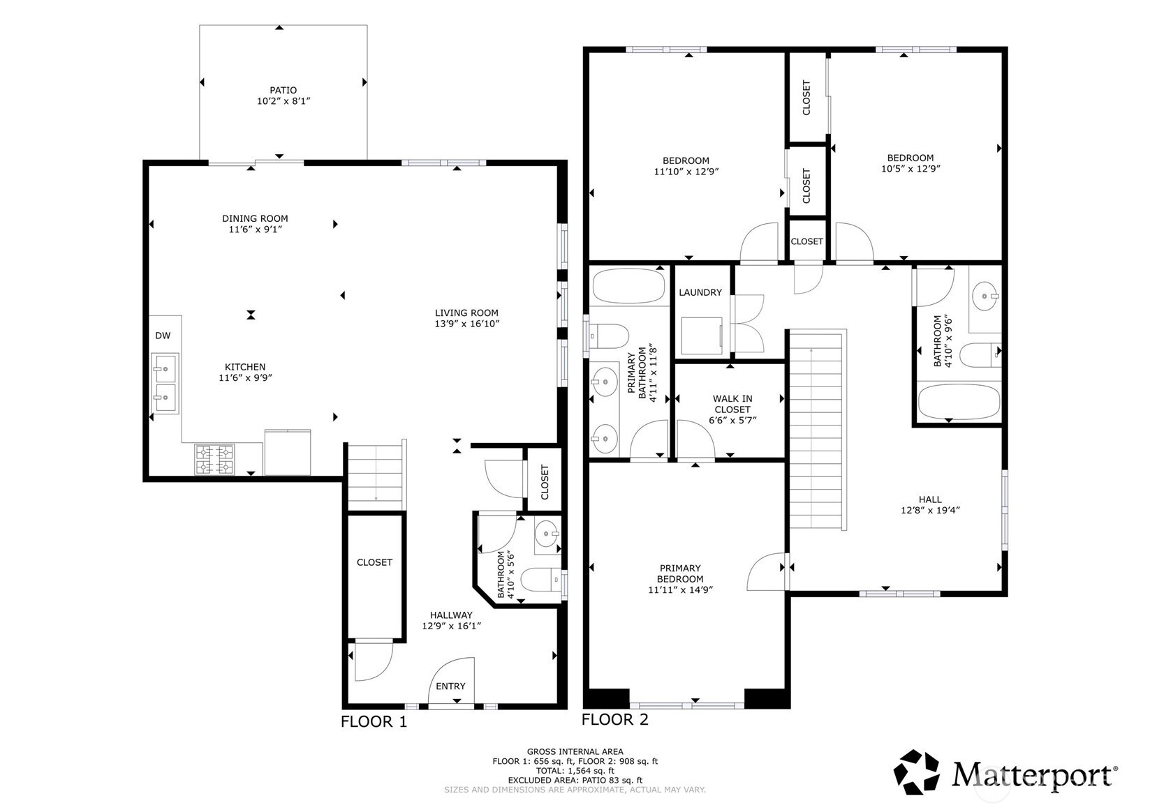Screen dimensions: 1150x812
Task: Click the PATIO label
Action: tap(283, 90)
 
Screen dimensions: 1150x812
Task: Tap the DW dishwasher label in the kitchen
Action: tap(163, 336)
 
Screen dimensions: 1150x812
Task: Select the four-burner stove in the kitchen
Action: tap(214, 460)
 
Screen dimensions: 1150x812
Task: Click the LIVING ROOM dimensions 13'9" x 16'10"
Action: tap(466, 324)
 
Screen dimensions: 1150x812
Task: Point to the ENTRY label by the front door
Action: tap(450, 686)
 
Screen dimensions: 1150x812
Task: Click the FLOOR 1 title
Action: tap(374, 722)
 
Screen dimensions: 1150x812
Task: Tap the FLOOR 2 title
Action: tap(614, 720)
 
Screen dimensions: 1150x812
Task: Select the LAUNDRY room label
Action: tap(700, 292)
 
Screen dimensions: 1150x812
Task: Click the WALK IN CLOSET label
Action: tap(732, 404)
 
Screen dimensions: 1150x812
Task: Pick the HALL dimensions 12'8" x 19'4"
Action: tap(930, 511)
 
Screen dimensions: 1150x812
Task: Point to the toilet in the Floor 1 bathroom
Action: tap(542, 580)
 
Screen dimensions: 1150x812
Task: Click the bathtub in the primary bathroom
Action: tap(629, 286)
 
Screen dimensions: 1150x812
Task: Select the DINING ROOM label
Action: tap(255, 218)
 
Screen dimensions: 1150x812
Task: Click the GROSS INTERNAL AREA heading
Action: tap(575, 752)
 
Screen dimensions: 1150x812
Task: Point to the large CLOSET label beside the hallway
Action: tap(374, 562)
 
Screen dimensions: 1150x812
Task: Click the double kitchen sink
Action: tap(165, 383)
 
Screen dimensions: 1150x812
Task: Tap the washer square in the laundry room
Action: tap(702, 336)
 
